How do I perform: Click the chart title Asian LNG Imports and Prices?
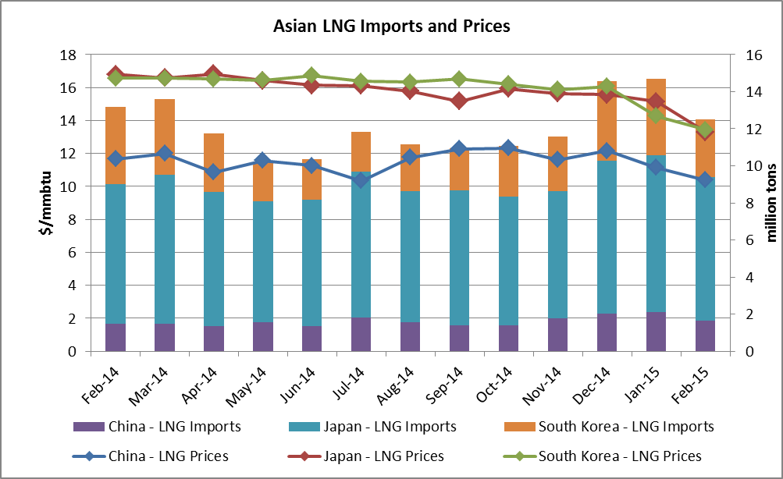pos(391,27)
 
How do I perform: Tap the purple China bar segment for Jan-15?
pos(656,332)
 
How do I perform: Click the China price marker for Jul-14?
pos(361,179)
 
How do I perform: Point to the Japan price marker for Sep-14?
pos(459,101)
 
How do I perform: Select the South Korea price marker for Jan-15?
pos(656,115)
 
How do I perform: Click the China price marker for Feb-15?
pos(705,179)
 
